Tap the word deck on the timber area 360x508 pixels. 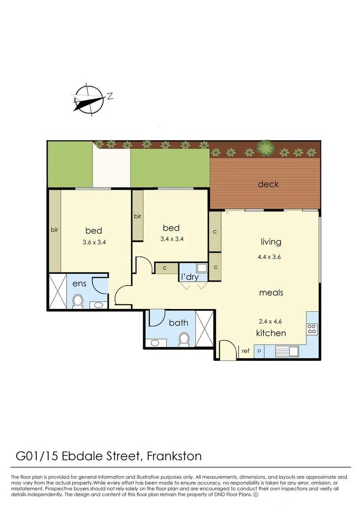pyautogui.click(x=268, y=184)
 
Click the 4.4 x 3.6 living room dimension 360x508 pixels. pyautogui.click(x=271, y=257)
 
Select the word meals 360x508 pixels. pyautogui.click(x=271, y=293)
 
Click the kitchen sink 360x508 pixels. pyautogui.click(x=287, y=351)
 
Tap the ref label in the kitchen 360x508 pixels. pyautogui.click(x=245, y=351)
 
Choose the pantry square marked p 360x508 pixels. pyautogui.click(x=259, y=351)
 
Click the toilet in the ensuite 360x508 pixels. pyautogui.click(x=78, y=301)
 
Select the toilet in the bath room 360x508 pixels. pyautogui.click(x=184, y=339)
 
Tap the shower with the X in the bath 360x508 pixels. pyautogui.click(x=205, y=329)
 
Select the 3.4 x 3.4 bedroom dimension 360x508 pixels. pyautogui.click(x=171, y=239)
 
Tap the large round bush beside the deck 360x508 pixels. pyautogui.click(x=266, y=148)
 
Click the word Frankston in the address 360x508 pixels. pyautogui.click(x=174, y=456)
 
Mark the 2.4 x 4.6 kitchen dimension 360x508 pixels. pyautogui.click(x=271, y=322)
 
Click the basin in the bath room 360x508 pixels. pyautogui.click(x=153, y=342)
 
